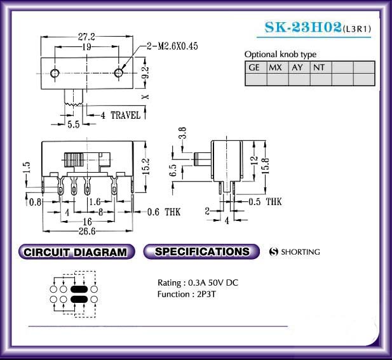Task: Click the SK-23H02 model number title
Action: [x=303, y=27]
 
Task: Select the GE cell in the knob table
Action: [x=256, y=67]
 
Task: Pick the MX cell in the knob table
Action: [x=278, y=67]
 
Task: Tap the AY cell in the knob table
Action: [x=299, y=67]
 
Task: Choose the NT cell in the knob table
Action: [x=321, y=67]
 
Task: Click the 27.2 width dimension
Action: [x=86, y=37]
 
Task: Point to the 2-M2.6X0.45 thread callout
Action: [x=172, y=46]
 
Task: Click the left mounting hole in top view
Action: [x=55, y=74]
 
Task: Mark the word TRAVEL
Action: [x=126, y=115]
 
